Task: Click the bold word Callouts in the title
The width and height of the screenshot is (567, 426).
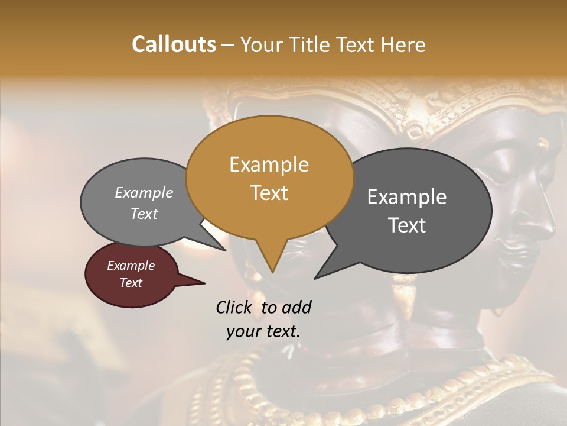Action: tap(174, 44)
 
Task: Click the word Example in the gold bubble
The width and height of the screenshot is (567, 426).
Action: tap(269, 164)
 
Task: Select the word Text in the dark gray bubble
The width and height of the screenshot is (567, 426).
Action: tap(408, 225)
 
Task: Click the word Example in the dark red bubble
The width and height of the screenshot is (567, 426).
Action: tap(131, 266)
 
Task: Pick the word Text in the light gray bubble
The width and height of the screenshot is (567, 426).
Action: tap(144, 214)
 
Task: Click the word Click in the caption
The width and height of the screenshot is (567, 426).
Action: tap(235, 307)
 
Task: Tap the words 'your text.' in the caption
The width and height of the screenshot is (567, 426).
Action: tap(263, 331)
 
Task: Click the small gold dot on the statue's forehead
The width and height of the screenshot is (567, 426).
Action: tap(543, 143)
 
